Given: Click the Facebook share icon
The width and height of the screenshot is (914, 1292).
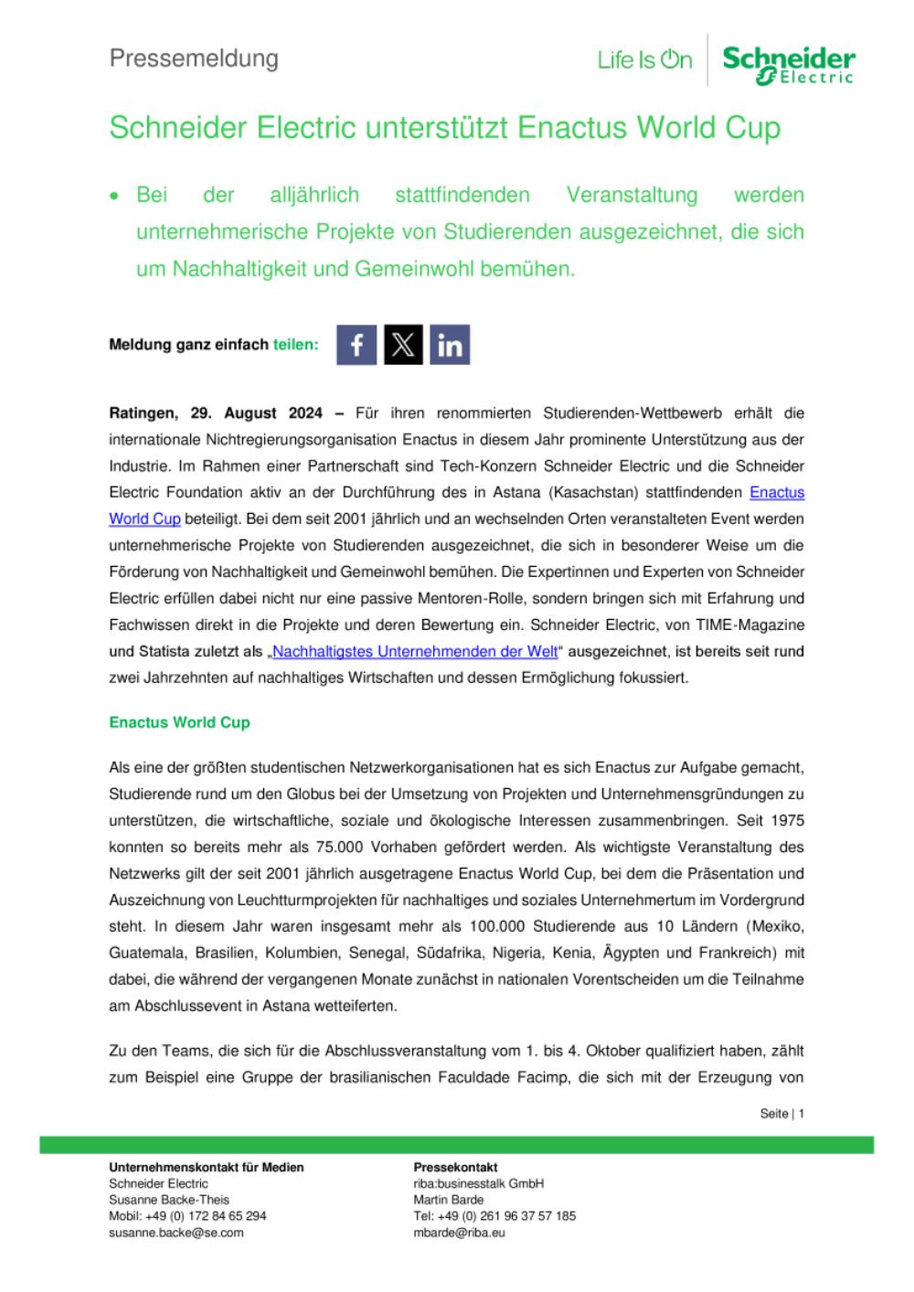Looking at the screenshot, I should point(356,345).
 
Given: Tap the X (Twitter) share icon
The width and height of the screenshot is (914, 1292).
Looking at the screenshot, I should point(403,345).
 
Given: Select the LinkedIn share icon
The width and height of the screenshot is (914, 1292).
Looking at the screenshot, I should point(450,345).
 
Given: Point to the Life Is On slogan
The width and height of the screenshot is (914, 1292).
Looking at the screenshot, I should point(644,60).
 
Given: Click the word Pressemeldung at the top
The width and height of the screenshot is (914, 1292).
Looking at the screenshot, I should point(194,59).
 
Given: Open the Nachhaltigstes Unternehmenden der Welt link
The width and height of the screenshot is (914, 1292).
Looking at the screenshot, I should point(415,652).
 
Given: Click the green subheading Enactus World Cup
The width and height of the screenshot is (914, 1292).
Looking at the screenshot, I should point(179,722).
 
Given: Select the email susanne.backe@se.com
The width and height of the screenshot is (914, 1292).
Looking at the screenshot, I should point(176,1233).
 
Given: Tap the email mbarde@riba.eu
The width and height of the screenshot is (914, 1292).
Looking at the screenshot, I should point(459,1233).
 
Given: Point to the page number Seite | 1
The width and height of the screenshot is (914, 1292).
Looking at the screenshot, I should point(781,1114).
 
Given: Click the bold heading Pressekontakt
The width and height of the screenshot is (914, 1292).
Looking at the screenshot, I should point(455,1167).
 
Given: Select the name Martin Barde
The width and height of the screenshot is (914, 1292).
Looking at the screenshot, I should point(448,1200).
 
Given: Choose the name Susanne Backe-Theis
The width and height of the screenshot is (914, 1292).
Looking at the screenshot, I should point(169,1200).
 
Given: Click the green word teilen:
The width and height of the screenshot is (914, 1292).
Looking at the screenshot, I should point(296,345).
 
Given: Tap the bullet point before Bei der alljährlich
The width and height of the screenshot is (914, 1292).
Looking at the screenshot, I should point(115,196).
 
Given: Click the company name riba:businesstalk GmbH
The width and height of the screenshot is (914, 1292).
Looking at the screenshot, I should point(478,1183).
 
